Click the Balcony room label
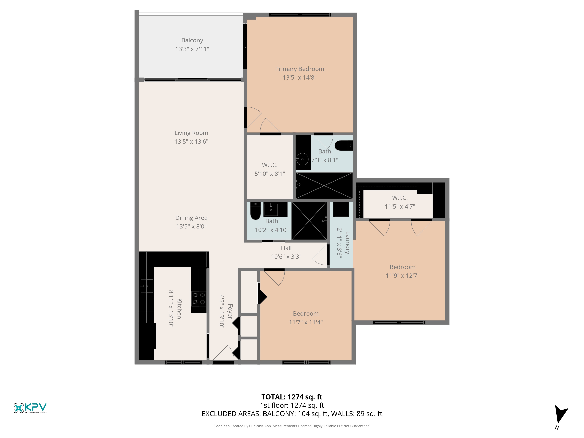click(192, 40)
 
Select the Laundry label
click(347, 243)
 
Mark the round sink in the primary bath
click(302, 159)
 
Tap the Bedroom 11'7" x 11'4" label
click(306, 314)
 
